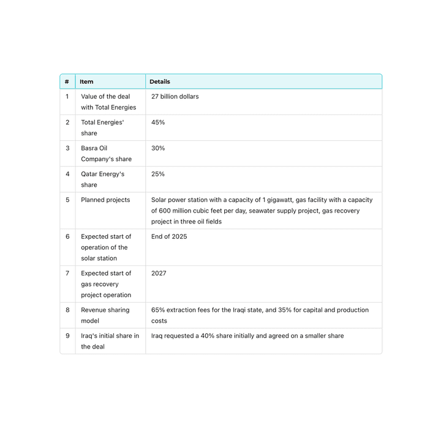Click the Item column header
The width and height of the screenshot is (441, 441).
click(86, 81)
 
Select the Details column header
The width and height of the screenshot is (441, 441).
click(160, 81)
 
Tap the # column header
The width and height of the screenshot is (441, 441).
click(67, 81)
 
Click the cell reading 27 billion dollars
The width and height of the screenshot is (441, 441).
click(175, 97)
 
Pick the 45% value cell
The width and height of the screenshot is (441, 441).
click(158, 123)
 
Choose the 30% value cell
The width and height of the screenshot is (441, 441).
click(158, 148)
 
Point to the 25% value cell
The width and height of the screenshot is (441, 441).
click(158, 174)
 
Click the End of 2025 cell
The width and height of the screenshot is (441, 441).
click(169, 236)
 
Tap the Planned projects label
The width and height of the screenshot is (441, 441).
click(105, 200)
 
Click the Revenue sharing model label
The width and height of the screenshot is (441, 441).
click(105, 315)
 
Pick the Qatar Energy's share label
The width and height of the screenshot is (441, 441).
click(102, 179)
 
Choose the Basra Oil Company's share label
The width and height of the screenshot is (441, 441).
click(106, 154)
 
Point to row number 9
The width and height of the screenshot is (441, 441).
click(67, 336)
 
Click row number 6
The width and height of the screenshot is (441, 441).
click(67, 236)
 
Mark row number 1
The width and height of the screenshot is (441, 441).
click(67, 97)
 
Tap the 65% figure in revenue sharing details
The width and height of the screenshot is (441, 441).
click(158, 310)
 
